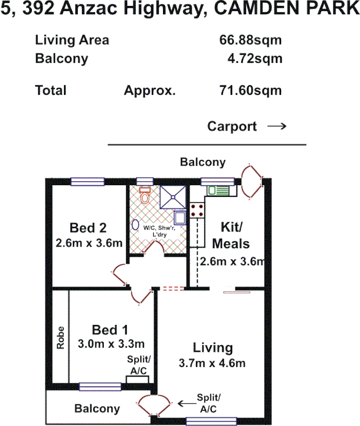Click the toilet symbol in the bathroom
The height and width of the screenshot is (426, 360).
pyautogui.click(x=144, y=196)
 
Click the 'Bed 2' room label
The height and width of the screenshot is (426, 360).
pyautogui.click(x=88, y=228)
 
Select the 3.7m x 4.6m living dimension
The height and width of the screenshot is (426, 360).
pyautogui.click(x=212, y=364)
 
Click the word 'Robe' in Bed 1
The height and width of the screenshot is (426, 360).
pyautogui.click(x=61, y=337)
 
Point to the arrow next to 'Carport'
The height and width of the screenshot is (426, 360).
pyautogui.click(x=276, y=127)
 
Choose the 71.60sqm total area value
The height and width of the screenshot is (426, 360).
pyautogui.click(x=250, y=91)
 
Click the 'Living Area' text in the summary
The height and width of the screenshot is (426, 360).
pyautogui.click(x=72, y=40)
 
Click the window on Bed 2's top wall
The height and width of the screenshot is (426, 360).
pyautogui.click(x=87, y=182)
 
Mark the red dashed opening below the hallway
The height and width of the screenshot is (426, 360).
pyautogui.click(x=173, y=289)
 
